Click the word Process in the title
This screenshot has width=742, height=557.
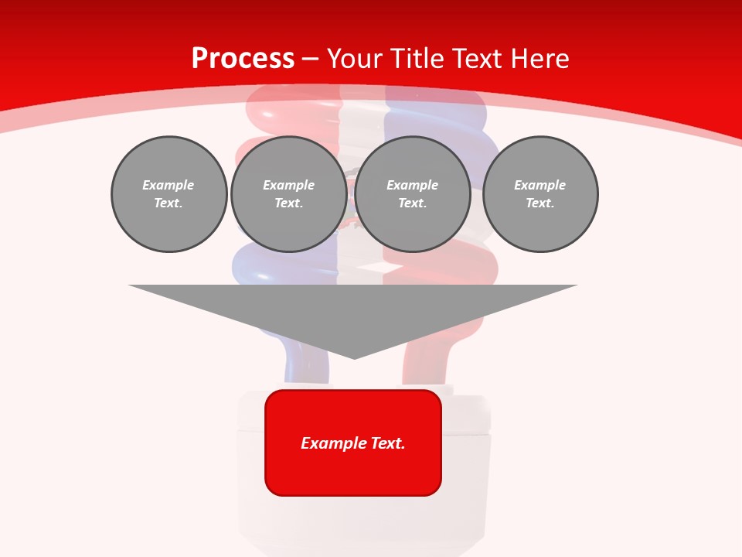[242, 59]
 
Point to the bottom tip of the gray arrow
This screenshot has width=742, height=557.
[354, 357]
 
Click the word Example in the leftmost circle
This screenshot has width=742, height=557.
[168, 185]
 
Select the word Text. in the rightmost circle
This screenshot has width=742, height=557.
[540, 203]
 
